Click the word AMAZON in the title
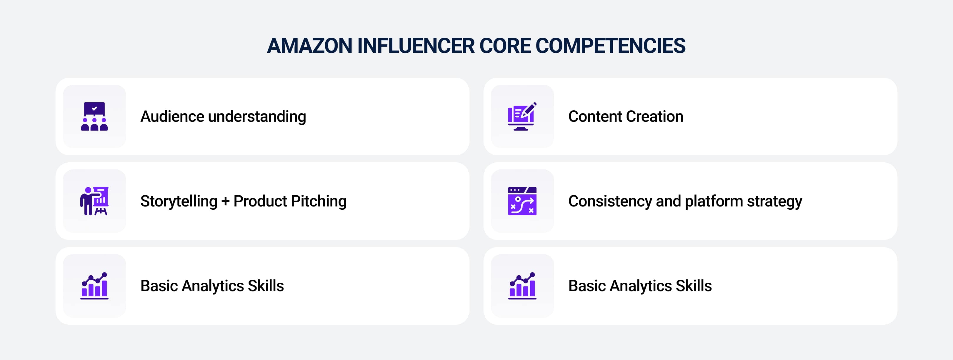coord(310,46)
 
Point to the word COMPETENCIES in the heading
coord(610,46)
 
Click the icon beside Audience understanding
coord(94,116)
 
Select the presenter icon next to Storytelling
coord(94,201)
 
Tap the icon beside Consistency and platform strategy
coord(522,201)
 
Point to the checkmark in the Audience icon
coord(94,109)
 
